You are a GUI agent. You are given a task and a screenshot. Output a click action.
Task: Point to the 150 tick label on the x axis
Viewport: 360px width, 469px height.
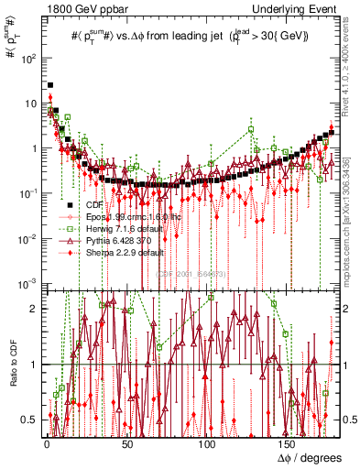pos(289,442)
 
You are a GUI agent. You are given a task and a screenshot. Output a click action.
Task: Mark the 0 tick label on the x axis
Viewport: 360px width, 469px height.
pos(46,442)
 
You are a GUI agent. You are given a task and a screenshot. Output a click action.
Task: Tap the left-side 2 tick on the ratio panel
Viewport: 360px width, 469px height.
pos(35,309)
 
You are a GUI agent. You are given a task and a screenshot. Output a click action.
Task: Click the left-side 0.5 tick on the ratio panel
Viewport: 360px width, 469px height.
pos(31,419)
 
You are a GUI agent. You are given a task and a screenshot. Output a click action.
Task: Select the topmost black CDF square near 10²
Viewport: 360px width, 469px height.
pos(50,85)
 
